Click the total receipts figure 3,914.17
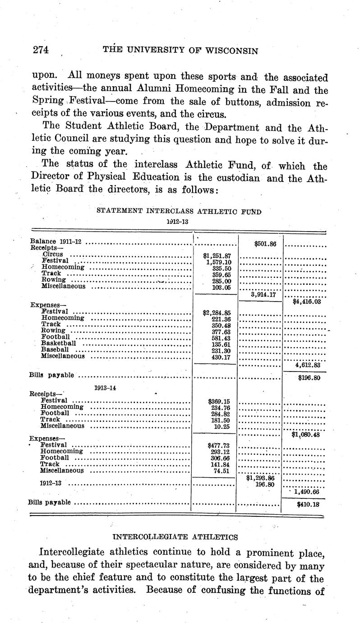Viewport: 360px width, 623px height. pos(263,294)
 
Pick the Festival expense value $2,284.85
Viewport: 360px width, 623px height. pos(217,312)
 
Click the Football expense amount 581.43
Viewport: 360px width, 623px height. pos(221,337)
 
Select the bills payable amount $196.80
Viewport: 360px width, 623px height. pos(309,378)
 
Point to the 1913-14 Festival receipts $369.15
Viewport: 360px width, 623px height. pos(219,401)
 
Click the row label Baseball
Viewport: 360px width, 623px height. pos(55,349)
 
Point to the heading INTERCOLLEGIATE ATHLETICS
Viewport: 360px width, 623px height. pos(175,537)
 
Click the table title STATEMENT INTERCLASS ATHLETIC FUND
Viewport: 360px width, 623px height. pos(179,211)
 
